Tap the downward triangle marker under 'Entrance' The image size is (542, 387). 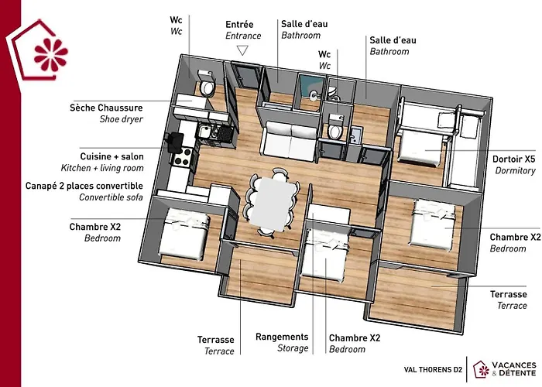242,50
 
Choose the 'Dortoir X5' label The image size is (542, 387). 513,159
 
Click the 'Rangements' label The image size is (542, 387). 282,337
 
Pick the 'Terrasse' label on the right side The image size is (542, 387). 509,294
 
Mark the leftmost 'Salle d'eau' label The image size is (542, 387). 304,25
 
